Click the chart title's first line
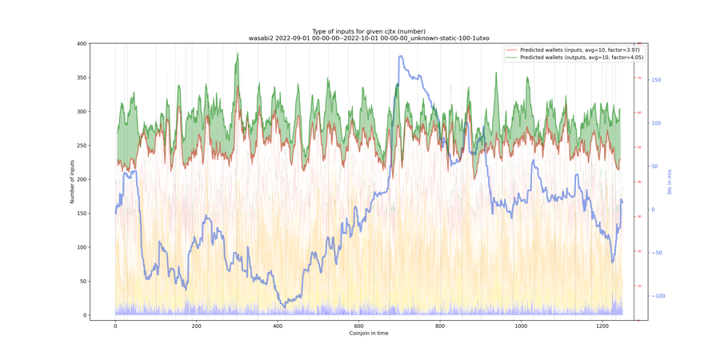[369, 31]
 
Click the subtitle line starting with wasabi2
[369, 38]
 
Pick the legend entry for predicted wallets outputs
[577, 58]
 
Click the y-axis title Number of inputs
[72, 182]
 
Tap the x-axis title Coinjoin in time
[369, 333]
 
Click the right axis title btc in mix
[670, 182]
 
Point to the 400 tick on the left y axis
[82, 44]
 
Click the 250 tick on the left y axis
[82, 146]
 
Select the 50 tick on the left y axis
[82, 282]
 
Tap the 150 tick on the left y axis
[82, 214]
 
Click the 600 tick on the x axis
[358, 326]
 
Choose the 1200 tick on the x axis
[602, 326]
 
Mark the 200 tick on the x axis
[196, 326]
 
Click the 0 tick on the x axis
[115, 326]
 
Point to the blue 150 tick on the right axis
[656, 80]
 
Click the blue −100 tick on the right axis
[658, 296]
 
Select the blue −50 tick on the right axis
[658, 253]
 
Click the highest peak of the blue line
[399, 57]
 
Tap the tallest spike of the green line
[238, 54]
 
